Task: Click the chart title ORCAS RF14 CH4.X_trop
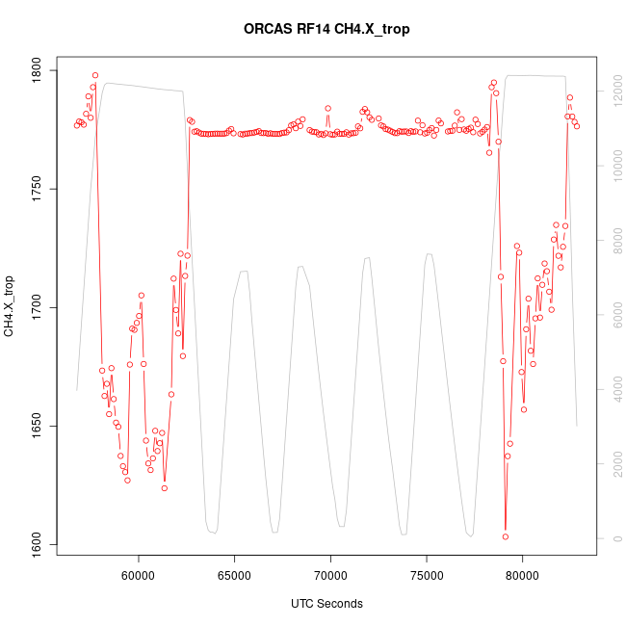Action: (326, 29)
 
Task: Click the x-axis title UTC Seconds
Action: (326, 604)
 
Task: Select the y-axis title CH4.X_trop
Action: (10, 306)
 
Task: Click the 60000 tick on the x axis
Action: (139, 577)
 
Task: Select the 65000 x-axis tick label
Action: (235, 577)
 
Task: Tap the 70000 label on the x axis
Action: (330, 577)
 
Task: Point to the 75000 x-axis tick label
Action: (427, 577)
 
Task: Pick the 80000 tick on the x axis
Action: (523, 577)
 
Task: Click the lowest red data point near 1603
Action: (505, 536)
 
